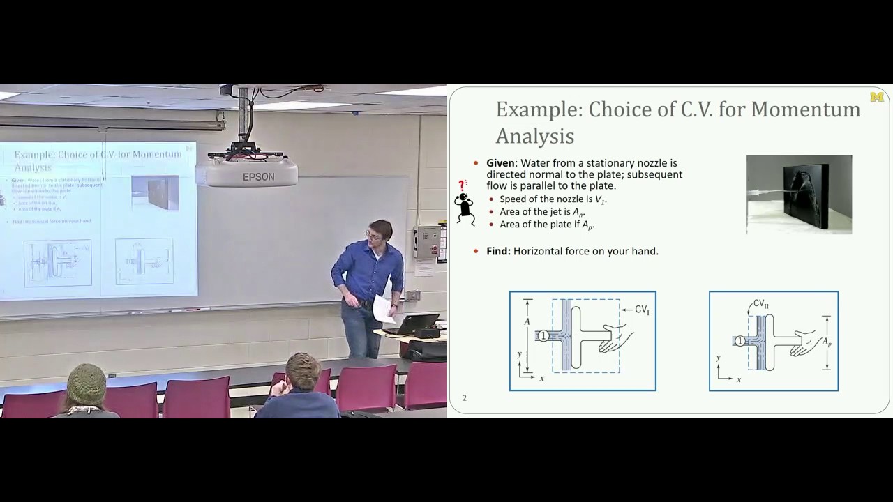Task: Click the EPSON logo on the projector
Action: point(258,177)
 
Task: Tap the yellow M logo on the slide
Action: point(877,97)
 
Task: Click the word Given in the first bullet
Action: point(502,163)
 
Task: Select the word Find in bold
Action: point(498,251)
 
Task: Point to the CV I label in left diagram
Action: point(642,310)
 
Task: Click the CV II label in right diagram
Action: point(760,304)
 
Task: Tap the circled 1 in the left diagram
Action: point(543,336)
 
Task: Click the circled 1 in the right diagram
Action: point(740,341)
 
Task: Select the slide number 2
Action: point(465,398)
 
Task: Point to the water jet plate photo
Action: point(799,194)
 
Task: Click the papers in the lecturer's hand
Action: point(382,309)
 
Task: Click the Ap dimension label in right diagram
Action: point(826,342)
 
